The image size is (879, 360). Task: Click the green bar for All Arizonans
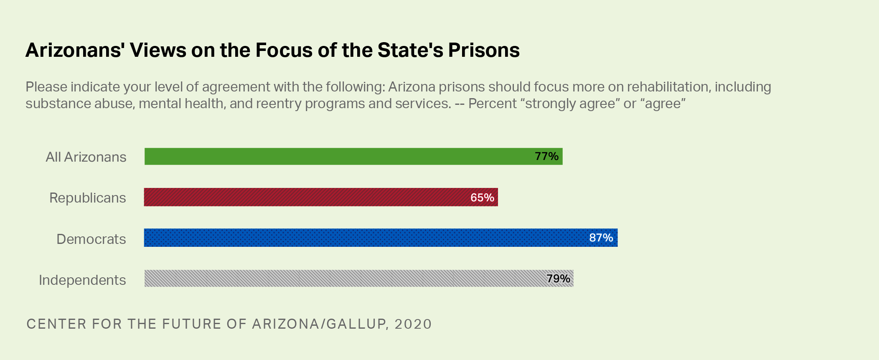click(334, 157)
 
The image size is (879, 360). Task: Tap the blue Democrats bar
click(359, 238)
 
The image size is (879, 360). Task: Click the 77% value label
click(546, 156)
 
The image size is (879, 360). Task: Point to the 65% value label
click(482, 198)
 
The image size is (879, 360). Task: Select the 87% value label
click(601, 238)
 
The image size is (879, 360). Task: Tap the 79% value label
click(558, 279)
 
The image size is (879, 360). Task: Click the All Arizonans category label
click(86, 157)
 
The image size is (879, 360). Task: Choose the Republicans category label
click(87, 198)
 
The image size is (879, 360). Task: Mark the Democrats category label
click(91, 239)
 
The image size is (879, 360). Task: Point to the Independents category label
click(82, 280)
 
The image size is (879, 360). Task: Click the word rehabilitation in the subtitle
click(668, 87)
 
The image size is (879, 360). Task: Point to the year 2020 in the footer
click(413, 324)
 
